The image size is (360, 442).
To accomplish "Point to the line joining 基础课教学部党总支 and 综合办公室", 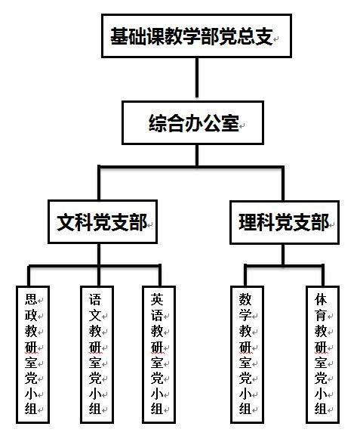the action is [x=197, y=78].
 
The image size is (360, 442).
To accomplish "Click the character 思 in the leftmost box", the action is [x=31, y=299].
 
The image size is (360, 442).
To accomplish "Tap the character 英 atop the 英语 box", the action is [x=157, y=299].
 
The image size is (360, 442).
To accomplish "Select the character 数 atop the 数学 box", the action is [x=245, y=299].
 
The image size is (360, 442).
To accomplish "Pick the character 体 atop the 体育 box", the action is [x=321, y=299].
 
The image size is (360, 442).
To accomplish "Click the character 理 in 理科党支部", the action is [x=248, y=222].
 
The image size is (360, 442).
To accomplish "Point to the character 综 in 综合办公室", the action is [x=158, y=123].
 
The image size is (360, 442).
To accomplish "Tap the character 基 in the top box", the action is [x=119, y=36].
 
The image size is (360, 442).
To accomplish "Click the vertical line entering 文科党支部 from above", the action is [x=99, y=183].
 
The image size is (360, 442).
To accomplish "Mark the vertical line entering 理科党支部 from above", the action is [x=282, y=184].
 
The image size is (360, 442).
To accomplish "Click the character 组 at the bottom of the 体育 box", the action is [x=321, y=409].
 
